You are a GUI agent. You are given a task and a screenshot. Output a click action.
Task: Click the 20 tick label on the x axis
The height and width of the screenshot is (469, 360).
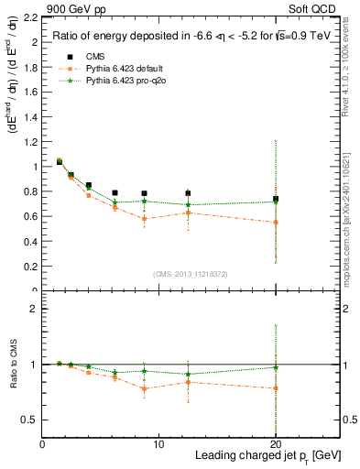click(275, 444)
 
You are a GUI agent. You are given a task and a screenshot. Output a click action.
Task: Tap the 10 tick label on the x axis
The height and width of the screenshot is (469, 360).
click(158, 444)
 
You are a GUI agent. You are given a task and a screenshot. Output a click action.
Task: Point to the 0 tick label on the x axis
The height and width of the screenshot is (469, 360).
click(42, 444)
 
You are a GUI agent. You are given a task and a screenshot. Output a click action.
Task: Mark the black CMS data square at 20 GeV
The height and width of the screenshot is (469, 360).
click(275, 199)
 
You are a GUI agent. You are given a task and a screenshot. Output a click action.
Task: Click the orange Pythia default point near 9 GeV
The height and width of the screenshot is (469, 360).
click(144, 219)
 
